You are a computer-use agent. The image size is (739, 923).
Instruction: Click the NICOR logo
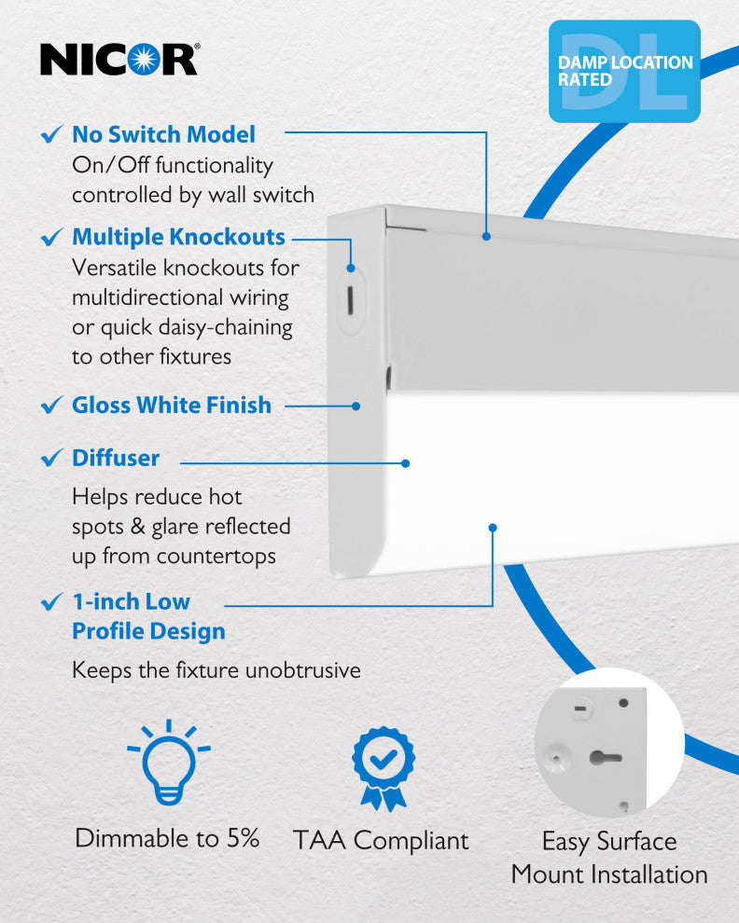click(119, 60)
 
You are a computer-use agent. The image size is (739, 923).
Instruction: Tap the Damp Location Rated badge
click(624, 72)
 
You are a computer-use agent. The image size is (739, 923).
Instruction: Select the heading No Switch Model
click(163, 134)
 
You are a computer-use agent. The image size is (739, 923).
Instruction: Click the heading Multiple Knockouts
click(178, 237)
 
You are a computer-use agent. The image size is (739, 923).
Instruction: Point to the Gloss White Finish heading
click(172, 406)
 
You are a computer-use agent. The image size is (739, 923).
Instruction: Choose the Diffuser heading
click(116, 458)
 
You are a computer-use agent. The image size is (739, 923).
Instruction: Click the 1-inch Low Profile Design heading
click(148, 616)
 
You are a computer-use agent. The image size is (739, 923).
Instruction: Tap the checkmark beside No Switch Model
click(52, 135)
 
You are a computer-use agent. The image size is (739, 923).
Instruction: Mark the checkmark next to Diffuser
click(52, 459)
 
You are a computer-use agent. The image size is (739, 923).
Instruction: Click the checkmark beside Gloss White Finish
click(52, 406)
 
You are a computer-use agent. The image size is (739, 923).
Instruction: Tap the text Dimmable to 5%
click(167, 837)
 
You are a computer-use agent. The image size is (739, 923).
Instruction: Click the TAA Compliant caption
click(381, 840)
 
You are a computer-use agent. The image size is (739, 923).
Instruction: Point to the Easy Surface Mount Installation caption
click(609, 858)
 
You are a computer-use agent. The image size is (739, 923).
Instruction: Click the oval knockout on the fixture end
click(350, 298)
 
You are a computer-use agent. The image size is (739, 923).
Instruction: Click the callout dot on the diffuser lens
click(406, 462)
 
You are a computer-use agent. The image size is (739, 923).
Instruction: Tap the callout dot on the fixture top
click(486, 237)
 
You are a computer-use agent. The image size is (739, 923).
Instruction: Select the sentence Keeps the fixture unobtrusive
click(216, 669)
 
